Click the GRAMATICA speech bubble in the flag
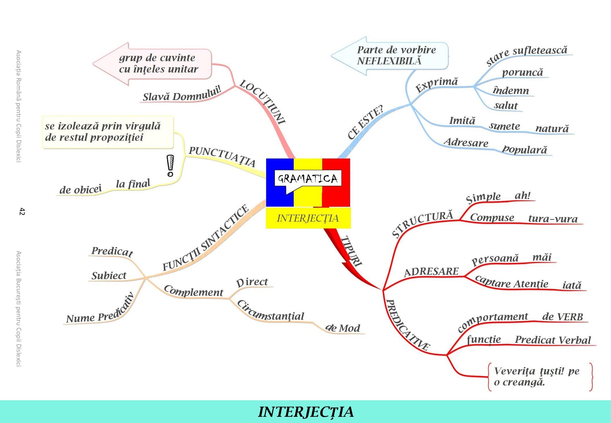click(x=308, y=179)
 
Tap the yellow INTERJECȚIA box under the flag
click(x=308, y=218)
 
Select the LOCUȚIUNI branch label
click(x=263, y=102)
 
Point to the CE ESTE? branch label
click(x=365, y=122)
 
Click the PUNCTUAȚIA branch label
click(x=222, y=156)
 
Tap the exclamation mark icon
click(x=170, y=166)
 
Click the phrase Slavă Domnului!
click(x=182, y=94)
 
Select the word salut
click(x=506, y=106)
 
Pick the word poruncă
click(x=522, y=72)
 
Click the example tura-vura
click(x=553, y=219)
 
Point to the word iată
click(x=572, y=285)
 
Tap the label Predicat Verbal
click(x=553, y=340)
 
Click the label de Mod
click(x=343, y=328)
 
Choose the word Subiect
click(x=109, y=276)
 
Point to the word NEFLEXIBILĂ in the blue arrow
click(x=389, y=61)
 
